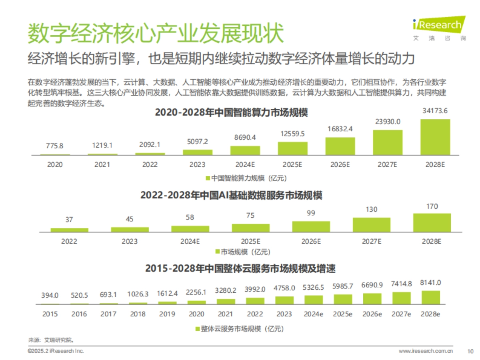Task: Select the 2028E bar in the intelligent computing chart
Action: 435,137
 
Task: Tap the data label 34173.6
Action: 435,111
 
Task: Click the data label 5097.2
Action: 197,141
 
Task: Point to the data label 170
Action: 432,206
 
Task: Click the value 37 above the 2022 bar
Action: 69,220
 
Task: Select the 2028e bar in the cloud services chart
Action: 430,298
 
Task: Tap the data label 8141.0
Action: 430,282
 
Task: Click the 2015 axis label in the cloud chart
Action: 50,314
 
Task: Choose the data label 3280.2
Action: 226,290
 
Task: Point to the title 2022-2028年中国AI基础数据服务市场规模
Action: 231,196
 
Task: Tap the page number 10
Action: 470,351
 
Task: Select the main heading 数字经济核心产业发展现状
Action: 156,33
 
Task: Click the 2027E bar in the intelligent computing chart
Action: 388,142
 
